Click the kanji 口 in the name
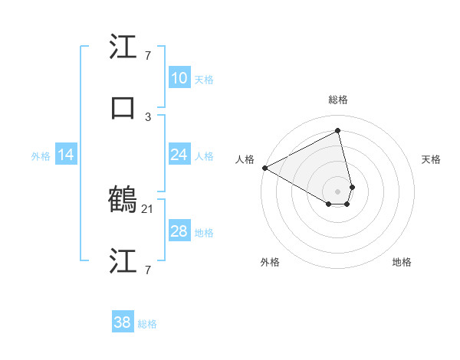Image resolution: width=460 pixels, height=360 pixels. (123, 107)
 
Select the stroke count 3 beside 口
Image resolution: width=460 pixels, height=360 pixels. (148, 116)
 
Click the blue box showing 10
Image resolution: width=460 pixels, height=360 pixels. (179, 78)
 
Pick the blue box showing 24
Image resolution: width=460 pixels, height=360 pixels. (179, 155)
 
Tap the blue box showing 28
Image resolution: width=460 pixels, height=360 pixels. (179, 231)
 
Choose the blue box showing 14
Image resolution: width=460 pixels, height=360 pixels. (66, 155)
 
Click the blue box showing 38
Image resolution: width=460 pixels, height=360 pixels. (123, 322)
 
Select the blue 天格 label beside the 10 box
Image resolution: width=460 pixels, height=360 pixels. (204, 80)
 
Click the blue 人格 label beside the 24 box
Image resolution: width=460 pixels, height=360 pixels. (204, 156)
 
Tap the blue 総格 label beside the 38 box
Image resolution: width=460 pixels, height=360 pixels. (147, 324)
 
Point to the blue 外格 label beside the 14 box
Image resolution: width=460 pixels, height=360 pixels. (41, 156)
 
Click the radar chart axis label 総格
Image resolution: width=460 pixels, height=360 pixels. (338, 100)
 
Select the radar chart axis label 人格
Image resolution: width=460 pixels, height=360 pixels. (245, 159)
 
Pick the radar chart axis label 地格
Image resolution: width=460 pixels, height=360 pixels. (402, 263)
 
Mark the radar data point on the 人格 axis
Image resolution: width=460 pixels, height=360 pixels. (264, 168)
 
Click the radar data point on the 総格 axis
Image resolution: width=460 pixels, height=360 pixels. (338, 130)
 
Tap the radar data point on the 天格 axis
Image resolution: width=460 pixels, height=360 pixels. (352, 187)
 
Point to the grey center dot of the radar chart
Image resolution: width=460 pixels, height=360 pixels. (338, 191)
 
